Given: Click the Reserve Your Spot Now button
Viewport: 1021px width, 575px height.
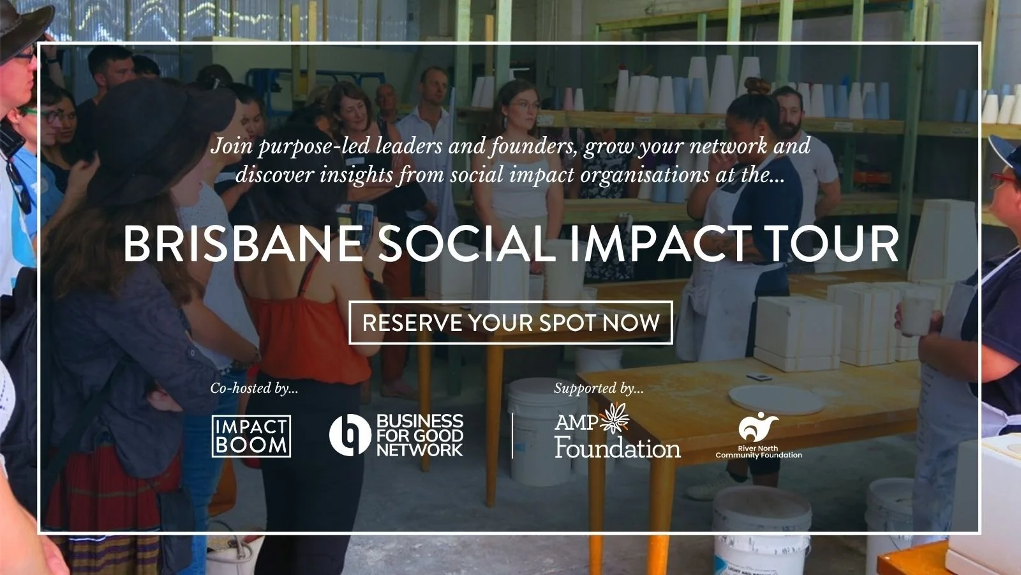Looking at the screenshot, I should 511,323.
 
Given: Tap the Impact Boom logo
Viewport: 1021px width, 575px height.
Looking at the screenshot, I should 251,436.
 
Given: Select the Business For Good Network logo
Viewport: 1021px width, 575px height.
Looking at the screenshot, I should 396,435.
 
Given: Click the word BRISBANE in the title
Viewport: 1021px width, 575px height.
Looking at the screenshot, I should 242,243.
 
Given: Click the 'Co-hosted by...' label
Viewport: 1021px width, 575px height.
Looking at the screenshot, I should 254,388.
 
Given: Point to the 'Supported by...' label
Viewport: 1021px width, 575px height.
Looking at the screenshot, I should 599,388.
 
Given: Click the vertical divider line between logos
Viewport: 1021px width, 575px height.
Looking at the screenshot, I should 512,435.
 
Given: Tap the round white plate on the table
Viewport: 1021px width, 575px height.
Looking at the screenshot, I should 775,399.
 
